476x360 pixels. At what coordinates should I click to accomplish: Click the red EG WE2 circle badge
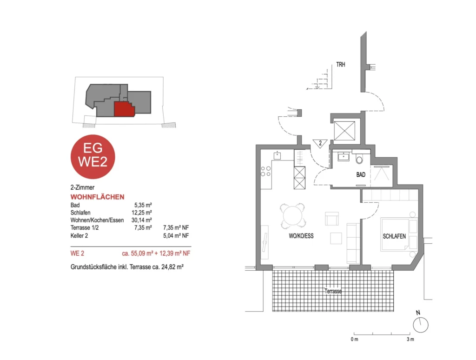93,157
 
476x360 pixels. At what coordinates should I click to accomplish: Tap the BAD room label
361,175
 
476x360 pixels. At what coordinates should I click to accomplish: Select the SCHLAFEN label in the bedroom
394,236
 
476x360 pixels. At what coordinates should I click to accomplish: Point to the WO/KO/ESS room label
301,236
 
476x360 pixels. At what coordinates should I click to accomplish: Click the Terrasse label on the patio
333,291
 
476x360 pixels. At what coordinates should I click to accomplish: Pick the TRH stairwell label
341,64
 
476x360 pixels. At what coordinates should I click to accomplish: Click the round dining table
293,216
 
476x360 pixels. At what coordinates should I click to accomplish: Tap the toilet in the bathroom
359,159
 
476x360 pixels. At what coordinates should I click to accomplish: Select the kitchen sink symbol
277,155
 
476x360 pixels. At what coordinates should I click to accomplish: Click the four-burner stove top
266,171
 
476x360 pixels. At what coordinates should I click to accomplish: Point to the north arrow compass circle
420,325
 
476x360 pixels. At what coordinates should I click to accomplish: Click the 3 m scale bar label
410,339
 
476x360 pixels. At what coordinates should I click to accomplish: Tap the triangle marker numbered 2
320,143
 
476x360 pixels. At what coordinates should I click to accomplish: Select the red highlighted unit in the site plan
125,109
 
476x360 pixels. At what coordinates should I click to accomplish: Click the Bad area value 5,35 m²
143,205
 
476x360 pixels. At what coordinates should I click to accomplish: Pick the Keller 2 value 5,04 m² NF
176,235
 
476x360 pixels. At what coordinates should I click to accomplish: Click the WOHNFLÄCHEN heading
98,197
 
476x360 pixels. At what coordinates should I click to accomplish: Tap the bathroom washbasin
344,157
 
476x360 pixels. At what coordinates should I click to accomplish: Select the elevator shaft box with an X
344,131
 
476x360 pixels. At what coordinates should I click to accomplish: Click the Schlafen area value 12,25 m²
142,213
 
